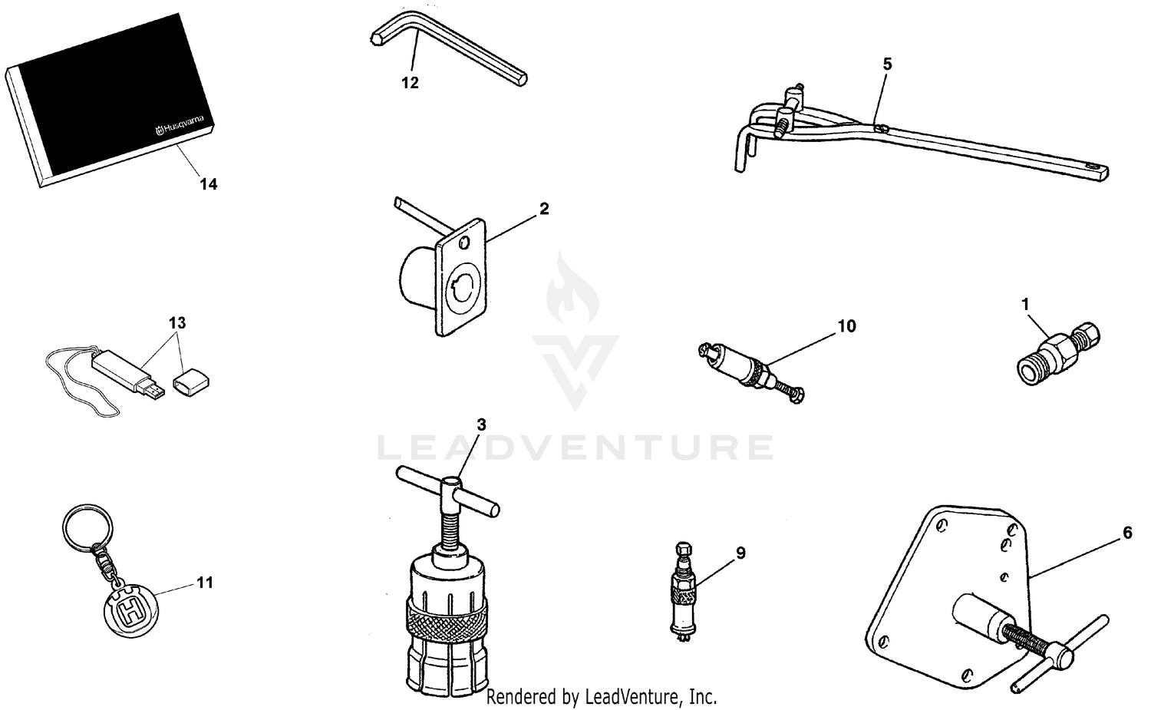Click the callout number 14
coord(208,184)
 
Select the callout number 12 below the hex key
coord(411,83)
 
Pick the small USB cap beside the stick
coord(192,381)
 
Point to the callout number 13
coord(177,322)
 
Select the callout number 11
coord(204,583)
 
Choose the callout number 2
coord(544,209)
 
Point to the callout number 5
coord(887,64)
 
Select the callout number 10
coord(846,326)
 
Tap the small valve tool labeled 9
coord(684,592)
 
